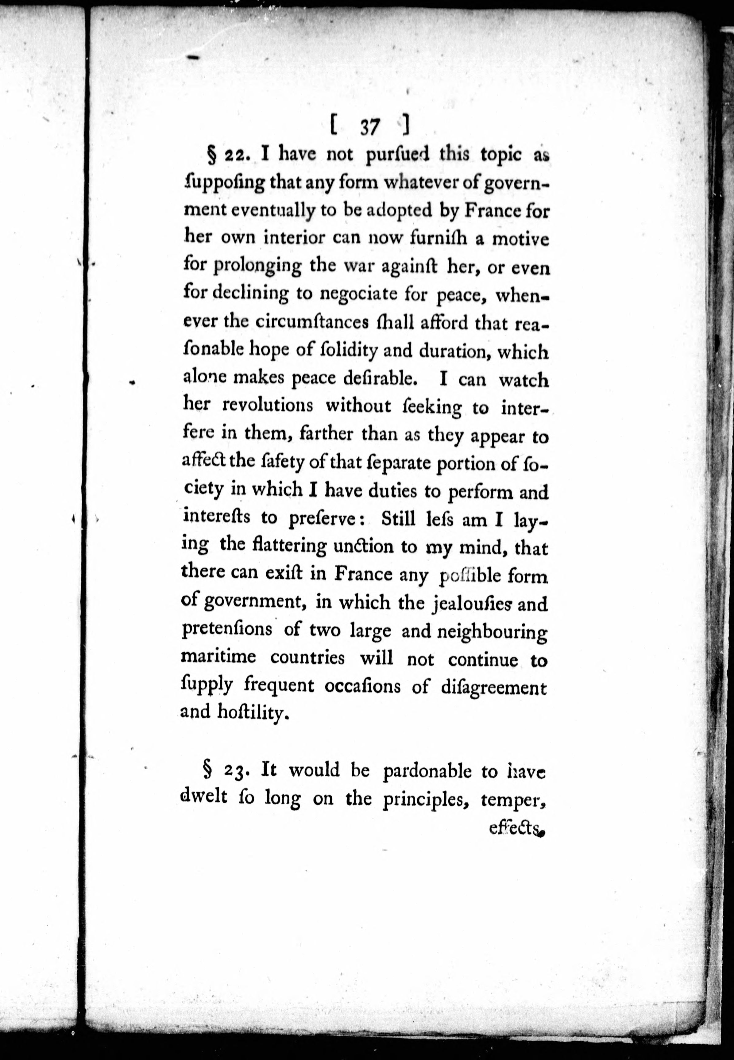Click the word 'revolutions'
coord(268,405)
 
